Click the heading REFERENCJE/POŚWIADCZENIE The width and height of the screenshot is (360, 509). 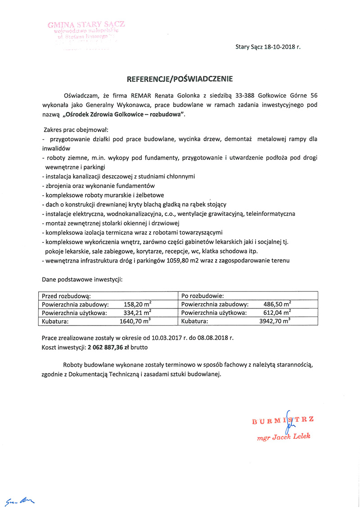[180, 79]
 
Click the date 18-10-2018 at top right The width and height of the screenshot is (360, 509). [280, 46]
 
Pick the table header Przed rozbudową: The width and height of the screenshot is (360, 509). [66, 296]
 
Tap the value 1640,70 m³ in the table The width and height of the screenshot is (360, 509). [135, 321]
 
